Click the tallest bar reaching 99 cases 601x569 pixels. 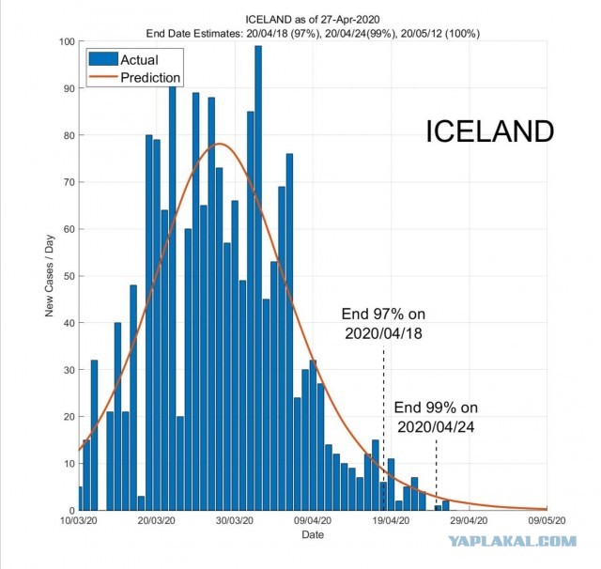pyautogui.click(x=258, y=278)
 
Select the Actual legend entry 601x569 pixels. pyautogui.click(x=123, y=60)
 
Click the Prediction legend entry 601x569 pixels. pyautogui.click(x=134, y=77)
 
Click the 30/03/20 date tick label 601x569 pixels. pyautogui.click(x=235, y=521)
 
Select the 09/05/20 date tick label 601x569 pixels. pyautogui.click(x=547, y=521)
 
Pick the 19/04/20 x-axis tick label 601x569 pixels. pyautogui.click(x=391, y=521)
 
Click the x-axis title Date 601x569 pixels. pyautogui.click(x=313, y=534)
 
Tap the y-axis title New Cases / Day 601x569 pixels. pyautogui.click(x=50, y=276)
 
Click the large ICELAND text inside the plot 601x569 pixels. pyautogui.click(x=490, y=131)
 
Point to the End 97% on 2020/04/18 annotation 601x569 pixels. pyautogui.click(x=383, y=324)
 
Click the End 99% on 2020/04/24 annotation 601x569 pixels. pyautogui.click(x=436, y=417)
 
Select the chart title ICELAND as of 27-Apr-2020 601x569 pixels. pyautogui.click(x=313, y=19)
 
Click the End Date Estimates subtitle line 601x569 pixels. pyautogui.click(x=313, y=34)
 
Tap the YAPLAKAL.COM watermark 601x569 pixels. pyautogui.click(x=513, y=541)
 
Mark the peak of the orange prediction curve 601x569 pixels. pyautogui.click(x=219, y=144)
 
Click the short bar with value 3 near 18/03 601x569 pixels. pyautogui.click(x=141, y=503)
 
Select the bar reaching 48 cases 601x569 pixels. pyautogui.click(x=133, y=398)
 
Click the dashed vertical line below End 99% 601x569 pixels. pyautogui.click(x=436, y=475)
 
